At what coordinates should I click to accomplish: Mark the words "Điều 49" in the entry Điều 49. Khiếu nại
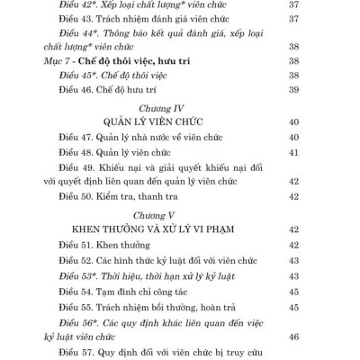[81, 168]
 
